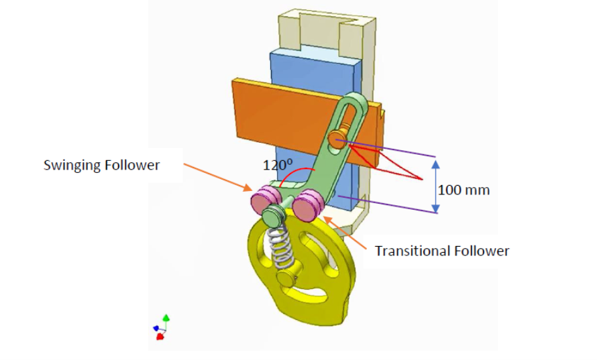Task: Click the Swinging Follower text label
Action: click(x=101, y=165)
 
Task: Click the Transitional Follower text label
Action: click(x=441, y=251)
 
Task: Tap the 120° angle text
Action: click(x=277, y=163)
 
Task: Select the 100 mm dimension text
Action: click(x=464, y=190)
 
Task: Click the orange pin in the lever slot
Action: click(x=337, y=138)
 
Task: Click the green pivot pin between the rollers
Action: click(x=274, y=216)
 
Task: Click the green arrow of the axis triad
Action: click(x=167, y=319)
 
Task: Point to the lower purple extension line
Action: click(x=389, y=204)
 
